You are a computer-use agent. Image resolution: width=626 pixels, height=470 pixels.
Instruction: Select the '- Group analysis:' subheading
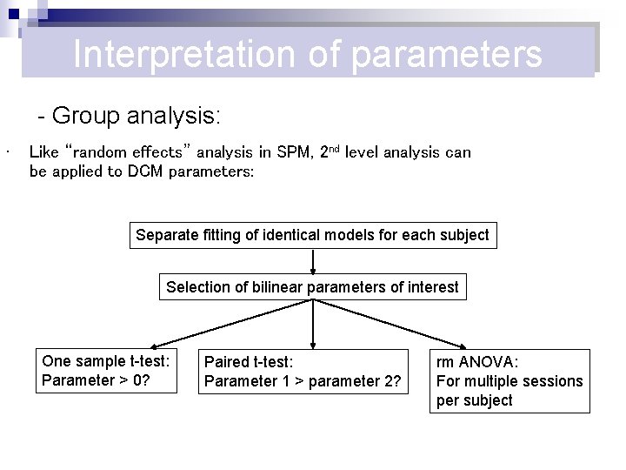129,115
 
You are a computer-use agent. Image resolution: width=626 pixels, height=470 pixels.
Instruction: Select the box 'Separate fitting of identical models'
313,235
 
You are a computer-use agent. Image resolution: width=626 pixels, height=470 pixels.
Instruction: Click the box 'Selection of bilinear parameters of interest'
312,287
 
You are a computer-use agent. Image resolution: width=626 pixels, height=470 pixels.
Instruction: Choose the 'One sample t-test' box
106,371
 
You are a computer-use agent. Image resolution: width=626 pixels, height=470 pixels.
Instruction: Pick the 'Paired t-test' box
303,372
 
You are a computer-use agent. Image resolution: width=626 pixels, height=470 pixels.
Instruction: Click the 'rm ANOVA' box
509,381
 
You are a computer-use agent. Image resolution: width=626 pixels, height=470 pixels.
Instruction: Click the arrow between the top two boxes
313,261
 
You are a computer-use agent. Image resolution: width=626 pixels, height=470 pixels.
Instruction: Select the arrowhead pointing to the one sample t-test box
150,346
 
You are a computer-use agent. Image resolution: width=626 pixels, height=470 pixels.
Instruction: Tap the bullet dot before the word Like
7,155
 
